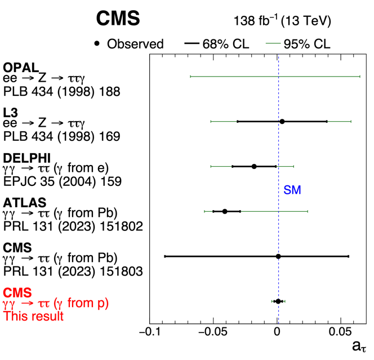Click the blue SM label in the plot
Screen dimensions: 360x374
point(292,190)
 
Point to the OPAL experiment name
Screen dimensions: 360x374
point(21,68)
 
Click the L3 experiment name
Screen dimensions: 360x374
point(11,113)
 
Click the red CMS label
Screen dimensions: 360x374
point(18,292)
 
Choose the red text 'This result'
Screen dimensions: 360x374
point(33,316)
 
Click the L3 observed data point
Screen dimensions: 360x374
point(282,121)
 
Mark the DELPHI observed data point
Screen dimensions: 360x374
point(254,166)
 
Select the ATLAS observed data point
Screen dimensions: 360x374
point(225,211)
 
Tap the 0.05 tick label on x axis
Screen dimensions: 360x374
point(340,331)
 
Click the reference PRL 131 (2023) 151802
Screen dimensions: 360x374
point(73,226)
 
